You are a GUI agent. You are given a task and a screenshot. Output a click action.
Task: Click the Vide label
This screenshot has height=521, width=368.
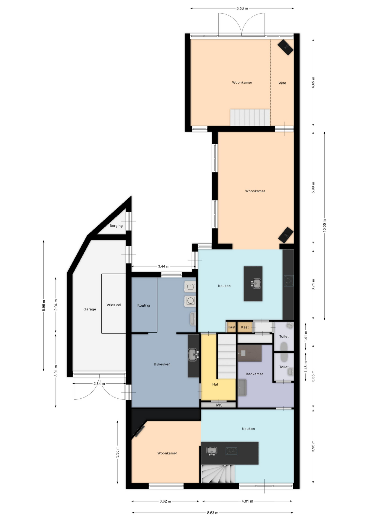click(x=282, y=83)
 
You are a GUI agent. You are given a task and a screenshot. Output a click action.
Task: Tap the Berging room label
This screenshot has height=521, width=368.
click(x=116, y=225)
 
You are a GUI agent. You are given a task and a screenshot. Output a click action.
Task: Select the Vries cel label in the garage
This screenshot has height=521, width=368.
click(x=114, y=305)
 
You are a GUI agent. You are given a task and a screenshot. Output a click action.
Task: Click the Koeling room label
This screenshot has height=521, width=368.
click(x=143, y=305)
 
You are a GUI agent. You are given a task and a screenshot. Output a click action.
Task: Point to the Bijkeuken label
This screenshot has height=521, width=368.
click(x=162, y=364)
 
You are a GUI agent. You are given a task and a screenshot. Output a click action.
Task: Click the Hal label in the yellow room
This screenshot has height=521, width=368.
click(x=215, y=384)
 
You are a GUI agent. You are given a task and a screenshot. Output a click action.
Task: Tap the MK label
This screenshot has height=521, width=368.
click(x=219, y=405)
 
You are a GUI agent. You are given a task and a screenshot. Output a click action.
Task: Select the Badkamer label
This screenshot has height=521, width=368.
click(x=254, y=374)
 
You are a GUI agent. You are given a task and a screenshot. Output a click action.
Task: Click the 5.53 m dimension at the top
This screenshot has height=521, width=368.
click(x=242, y=8)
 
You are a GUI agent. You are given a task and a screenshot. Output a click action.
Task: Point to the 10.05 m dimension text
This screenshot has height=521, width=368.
click(x=324, y=225)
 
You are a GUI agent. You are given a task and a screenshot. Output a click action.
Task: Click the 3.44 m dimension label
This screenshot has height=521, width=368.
click(x=164, y=266)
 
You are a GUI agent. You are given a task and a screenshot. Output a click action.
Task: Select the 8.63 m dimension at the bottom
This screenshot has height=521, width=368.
click(x=212, y=513)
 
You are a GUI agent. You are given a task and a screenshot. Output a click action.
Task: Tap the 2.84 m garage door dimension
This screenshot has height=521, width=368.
click(x=99, y=383)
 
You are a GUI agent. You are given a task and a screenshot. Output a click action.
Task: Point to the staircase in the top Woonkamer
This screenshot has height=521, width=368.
click(x=250, y=117)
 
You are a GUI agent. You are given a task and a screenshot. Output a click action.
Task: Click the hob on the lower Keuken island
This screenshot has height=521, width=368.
click(x=231, y=451)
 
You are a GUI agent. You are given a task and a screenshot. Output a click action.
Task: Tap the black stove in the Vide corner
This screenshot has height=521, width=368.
click(x=285, y=47)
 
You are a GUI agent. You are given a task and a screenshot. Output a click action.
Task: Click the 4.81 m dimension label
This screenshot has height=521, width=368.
click(x=247, y=501)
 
